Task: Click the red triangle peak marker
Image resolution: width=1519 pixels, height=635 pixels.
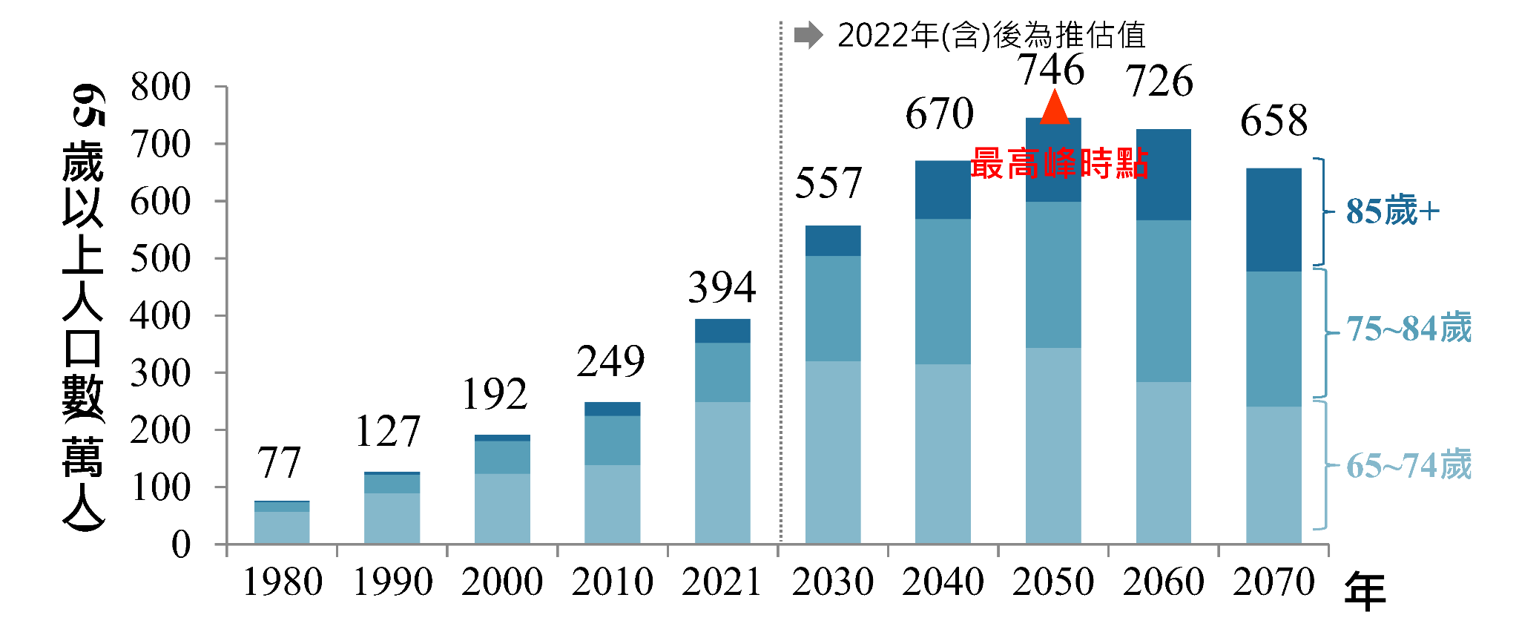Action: pos(1054,108)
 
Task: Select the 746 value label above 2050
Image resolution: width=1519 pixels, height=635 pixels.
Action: pos(1051,70)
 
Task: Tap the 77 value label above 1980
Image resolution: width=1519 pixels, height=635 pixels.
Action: pos(279,463)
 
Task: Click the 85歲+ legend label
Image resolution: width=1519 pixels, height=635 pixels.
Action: pos(1392,211)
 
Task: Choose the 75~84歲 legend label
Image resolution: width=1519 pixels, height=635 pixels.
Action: pos(1408,329)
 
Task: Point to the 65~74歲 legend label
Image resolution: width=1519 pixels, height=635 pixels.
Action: pos(1408,466)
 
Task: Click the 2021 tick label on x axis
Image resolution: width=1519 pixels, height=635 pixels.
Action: pos(722,582)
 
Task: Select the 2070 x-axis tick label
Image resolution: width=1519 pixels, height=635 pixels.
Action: pos(1273,582)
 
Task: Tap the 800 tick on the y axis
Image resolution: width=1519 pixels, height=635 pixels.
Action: pos(160,87)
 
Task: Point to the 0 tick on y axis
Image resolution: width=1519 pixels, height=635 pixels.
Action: pos(181,545)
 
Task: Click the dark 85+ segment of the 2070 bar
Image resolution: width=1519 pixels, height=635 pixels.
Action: pos(1273,220)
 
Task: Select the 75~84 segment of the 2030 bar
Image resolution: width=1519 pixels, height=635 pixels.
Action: pos(833,309)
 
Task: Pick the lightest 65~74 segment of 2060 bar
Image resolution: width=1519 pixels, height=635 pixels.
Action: pos(1163,463)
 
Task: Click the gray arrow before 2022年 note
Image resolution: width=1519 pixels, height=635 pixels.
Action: pos(808,35)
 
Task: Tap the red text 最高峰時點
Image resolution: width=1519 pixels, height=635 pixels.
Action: pos(1059,164)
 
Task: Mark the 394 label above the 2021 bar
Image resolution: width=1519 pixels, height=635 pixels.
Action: pos(722,287)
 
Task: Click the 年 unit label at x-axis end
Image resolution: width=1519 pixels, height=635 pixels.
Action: pos(1365,592)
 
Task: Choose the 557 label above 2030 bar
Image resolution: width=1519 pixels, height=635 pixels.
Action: pos(828,183)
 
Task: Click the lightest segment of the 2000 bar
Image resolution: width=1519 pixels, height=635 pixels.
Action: pos(502,509)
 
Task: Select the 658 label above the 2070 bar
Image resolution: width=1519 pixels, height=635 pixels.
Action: pos(1273,121)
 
